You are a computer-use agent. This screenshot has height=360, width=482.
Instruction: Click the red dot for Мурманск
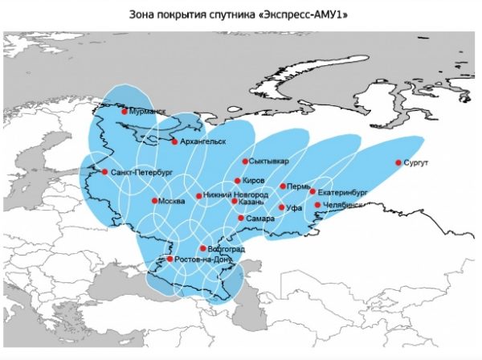pos(125,112)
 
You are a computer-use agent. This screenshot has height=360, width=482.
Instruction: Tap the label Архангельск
pos(204,142)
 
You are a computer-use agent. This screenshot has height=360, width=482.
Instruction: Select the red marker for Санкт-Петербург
pos(104,171)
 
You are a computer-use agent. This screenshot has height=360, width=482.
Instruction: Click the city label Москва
pos(173,201)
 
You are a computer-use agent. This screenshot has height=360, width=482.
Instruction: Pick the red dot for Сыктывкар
pos(245,162)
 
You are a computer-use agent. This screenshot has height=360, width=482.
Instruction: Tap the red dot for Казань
pos(234,201)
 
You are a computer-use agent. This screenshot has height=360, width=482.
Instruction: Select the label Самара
pos(261,219)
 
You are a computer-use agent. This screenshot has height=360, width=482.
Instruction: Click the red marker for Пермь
pos(282,186)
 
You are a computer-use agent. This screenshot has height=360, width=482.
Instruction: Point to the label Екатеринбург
pos(342,193)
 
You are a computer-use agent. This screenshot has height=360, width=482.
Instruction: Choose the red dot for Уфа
pos(280,207)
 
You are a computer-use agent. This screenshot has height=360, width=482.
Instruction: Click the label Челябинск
pos(342,206)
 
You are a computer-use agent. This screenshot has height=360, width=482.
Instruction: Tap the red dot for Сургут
pos(398,163)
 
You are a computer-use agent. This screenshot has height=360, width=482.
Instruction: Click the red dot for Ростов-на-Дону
pos(170,259)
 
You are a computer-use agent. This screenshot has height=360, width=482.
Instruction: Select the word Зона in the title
pos(142,14)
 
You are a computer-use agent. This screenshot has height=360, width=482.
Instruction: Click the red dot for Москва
pos(153,201)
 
